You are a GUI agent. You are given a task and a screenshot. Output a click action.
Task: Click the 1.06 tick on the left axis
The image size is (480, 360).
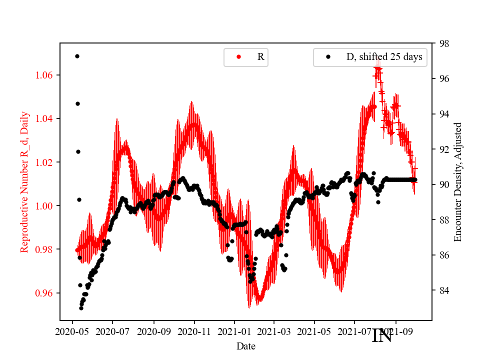[45, 75]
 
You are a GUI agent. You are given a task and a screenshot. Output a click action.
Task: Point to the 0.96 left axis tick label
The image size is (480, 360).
[45, 293]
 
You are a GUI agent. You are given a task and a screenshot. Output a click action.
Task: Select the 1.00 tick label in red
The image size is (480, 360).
[45, 206]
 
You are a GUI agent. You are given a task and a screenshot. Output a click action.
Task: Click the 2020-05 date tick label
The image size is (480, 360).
[72, 331]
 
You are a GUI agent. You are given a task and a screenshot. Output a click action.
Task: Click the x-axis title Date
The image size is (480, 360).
[246, 346]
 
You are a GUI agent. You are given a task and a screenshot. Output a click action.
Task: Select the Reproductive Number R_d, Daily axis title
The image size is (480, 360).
[24, 182]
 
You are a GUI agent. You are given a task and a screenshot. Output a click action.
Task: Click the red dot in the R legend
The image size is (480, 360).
[238, 57]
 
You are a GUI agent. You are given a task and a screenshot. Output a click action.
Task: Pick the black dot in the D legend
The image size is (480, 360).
[328, 57]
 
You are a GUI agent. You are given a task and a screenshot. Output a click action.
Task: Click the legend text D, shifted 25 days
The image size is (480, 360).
[384, 57]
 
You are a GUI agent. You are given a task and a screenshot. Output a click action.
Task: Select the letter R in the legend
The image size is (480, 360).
[260, 57]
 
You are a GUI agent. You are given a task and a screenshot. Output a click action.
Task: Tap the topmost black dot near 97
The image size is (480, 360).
[77, 56]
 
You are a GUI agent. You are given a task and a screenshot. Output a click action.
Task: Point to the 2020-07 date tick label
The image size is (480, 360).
[112, 331]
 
